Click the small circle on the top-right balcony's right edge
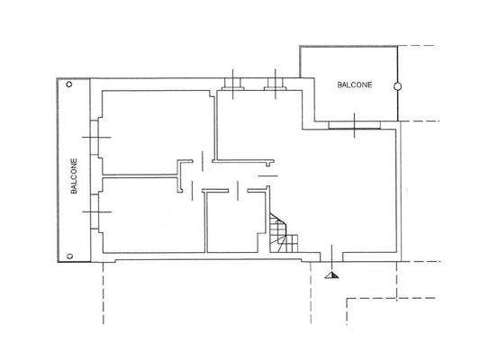pos(396,86)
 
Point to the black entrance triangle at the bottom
pos(331,275)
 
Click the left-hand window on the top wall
pos(233,87)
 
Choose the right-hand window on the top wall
pos(276,87)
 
